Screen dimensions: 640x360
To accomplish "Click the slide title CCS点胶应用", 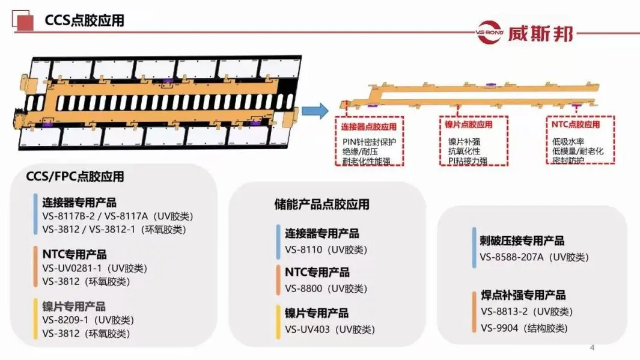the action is (x=85, y=20).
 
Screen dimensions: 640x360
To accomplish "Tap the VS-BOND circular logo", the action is (x=490, y=32).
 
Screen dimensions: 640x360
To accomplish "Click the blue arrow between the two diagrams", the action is (x=315, y=111).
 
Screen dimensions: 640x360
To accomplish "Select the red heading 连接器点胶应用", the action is (x=369, y=127).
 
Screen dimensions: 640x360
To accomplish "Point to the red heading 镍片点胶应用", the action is (x=469, y=124).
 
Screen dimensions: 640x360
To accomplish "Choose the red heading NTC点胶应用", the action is (x=576, y=124).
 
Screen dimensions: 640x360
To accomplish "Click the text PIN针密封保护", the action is (x=369, y=142).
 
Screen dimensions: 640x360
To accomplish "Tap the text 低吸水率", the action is (x=568, y=142).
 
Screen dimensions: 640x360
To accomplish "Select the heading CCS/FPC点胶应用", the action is (x=75, y=176).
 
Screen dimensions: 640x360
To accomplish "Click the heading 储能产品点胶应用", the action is (x=322, y=204).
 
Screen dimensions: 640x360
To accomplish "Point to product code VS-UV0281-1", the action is (x=72, y=268).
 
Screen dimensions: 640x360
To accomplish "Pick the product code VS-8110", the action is (x=303, y=249).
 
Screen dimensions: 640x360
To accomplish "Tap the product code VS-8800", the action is (x=303, y=288).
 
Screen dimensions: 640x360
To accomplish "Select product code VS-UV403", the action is (x=307, y=329).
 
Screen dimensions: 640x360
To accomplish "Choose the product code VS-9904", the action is (x=499, y=328).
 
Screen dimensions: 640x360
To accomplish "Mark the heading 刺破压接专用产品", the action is (x=522, y=240).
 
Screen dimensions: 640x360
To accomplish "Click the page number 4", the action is (x=593, y=348).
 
